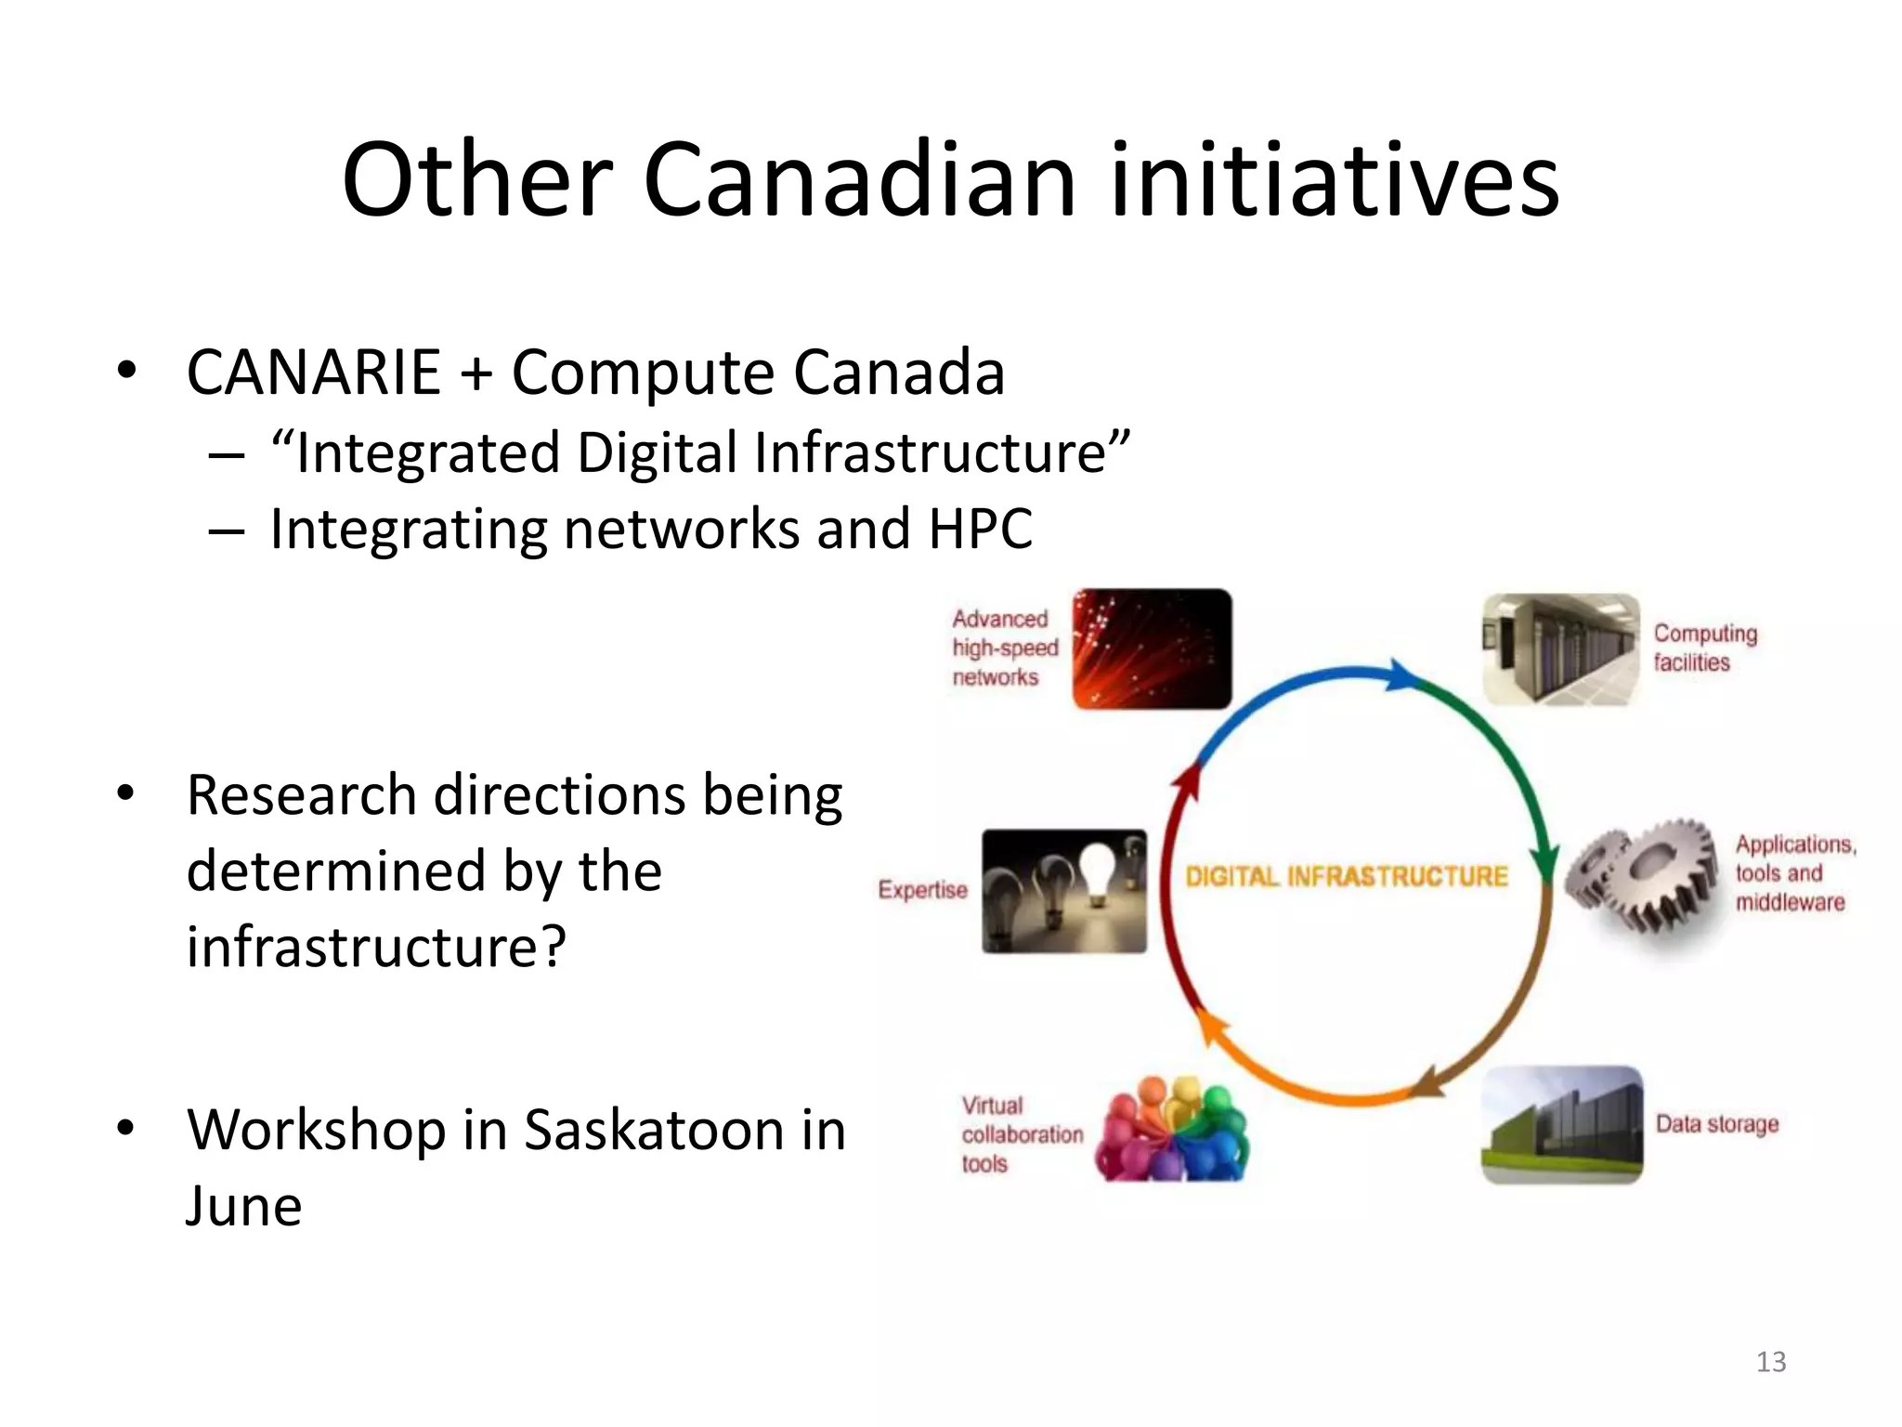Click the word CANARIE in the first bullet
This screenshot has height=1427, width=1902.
point(313,373)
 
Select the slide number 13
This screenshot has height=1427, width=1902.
point(1771,1362)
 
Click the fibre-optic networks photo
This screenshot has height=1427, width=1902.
point(1152,649)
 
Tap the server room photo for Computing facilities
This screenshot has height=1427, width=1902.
point(1560,649)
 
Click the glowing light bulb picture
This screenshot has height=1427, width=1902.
point(1064,891)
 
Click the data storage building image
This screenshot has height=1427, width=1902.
point(1561,1125)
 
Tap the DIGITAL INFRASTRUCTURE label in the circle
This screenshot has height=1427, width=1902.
point(1346,876)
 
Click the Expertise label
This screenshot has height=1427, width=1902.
point(922,890)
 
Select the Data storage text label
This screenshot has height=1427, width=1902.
point(1716,1124)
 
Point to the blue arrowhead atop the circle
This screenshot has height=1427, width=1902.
point(1402,675)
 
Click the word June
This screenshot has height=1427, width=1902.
point(244,1206)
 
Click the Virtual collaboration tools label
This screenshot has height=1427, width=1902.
point(1021,1134)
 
